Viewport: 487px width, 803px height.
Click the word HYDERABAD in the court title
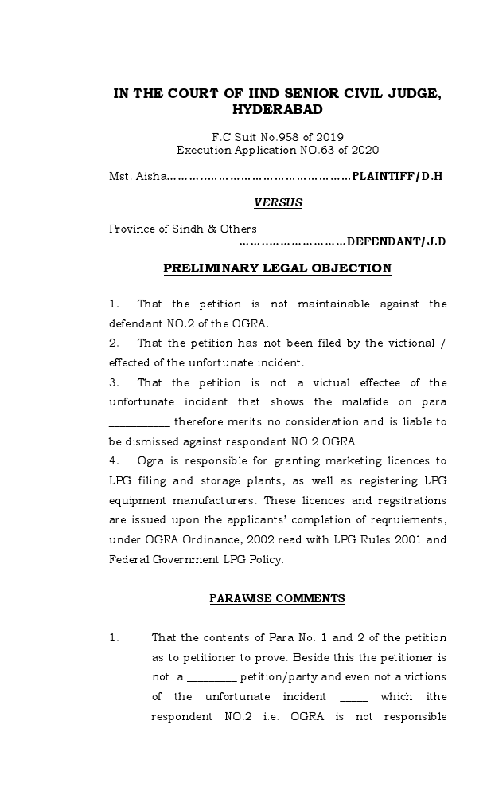coord(277,110)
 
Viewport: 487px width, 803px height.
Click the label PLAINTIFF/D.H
coord(397,176)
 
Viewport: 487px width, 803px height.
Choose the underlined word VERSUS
coord(278,202)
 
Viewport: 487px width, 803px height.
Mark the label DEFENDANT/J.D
coord(396,241)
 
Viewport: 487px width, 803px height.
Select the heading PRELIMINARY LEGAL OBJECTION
coord(278,268)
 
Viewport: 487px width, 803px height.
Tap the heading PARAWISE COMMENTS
coord(278,598)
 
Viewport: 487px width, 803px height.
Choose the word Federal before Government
coord(127,559)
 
